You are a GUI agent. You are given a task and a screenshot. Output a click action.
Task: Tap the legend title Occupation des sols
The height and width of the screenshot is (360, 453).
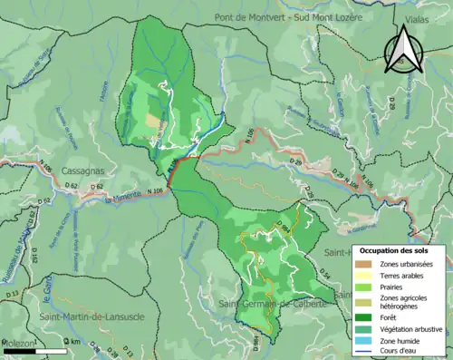[x=400, y=249]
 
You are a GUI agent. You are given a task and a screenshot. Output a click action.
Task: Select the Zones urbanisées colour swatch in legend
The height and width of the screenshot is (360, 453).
[x=367, y=264]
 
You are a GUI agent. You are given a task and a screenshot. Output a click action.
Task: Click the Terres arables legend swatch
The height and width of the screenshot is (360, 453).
[x=367, y=277]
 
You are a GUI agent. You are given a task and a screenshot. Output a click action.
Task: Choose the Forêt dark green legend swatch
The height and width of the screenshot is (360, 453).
[x=367, y=317]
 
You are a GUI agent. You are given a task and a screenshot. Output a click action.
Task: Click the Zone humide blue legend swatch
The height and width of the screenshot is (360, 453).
[x=367, y=342]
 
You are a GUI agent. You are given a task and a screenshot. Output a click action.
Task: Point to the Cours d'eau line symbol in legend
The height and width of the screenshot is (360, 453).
[x=367, y=354]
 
